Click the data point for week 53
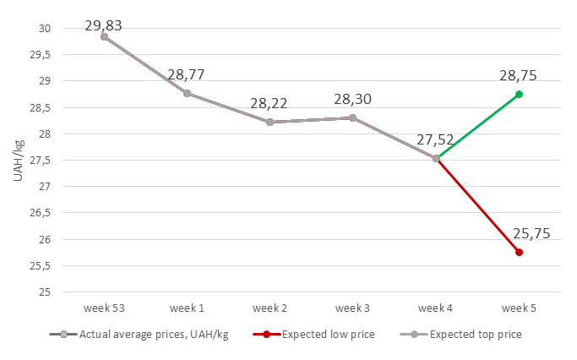[104, 36]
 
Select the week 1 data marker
[187, 93]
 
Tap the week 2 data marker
[269, 122]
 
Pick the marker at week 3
[352, 117]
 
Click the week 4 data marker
[436, 158]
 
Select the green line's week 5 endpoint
[519, 94]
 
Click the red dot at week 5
[519, 253]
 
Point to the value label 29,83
[104, 25]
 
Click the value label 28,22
[269, 104]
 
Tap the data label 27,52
[436, 140]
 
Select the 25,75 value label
[531, 233]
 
